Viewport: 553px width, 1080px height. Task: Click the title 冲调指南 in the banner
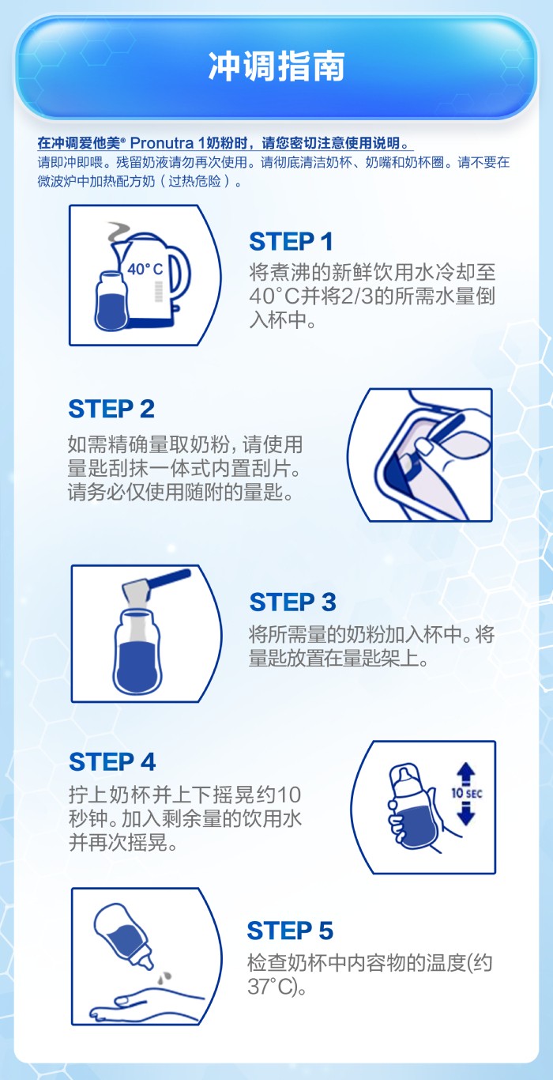click(x=276, y=66)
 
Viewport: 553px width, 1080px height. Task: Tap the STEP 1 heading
click(x=291, y=242)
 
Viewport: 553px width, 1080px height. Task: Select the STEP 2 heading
click(x=111, y=409)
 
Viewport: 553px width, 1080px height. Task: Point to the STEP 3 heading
click(x=292, y=602)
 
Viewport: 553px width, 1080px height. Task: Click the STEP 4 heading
click(x=112, y=762)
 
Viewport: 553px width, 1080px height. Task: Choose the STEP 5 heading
click(x=290, y=931)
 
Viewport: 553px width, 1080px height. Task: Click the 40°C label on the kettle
click(x=145, y=269)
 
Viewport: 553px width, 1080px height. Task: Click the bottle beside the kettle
click(x=111, y=300)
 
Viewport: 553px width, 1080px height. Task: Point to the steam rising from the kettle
click(x=117, y=232)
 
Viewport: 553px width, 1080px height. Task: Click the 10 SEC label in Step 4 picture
click(x=466, y=793)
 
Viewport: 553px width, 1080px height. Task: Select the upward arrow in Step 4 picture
click(x=466, y=773)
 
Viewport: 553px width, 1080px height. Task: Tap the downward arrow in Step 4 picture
click(x=466, y=814)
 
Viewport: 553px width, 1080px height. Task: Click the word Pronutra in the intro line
click(x=162, y=143)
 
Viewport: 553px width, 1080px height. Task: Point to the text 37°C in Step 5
click(x=269, y=987)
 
